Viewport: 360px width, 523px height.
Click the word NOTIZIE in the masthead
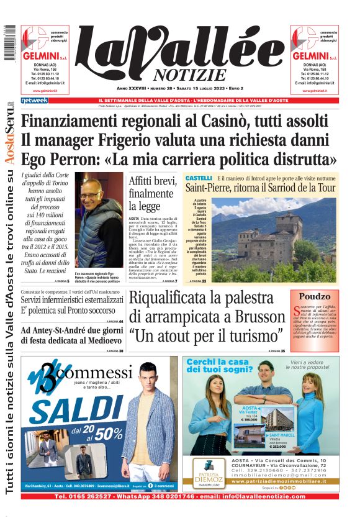point(186,75)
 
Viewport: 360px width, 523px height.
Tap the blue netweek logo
point(34,100)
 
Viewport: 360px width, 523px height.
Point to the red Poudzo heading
point(315,297)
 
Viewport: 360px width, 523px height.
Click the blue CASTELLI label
point(199,178)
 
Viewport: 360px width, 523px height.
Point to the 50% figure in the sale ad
point(107,432)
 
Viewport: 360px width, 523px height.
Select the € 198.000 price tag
point(248,420)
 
